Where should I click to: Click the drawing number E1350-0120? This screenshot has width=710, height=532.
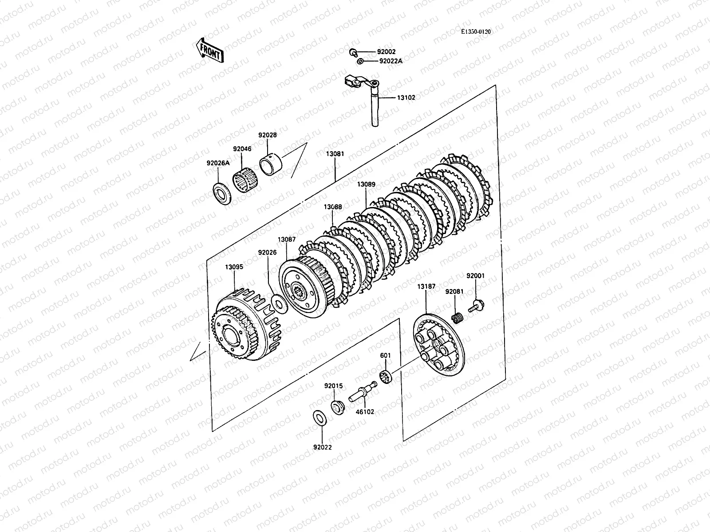pyautogui.click(x=476, y=32)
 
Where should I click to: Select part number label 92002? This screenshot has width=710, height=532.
pyautogui.click(x=386, y=52)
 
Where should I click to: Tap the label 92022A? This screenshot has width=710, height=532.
pyautogui.click(x=390, y=61)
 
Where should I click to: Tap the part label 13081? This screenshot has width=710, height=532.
pyautogui.click(x=335, y=154)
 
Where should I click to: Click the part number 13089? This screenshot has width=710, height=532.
pyautogui.click(x=366, y=184)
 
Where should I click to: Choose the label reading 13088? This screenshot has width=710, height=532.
pyautogui.click(x=332, y=207)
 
